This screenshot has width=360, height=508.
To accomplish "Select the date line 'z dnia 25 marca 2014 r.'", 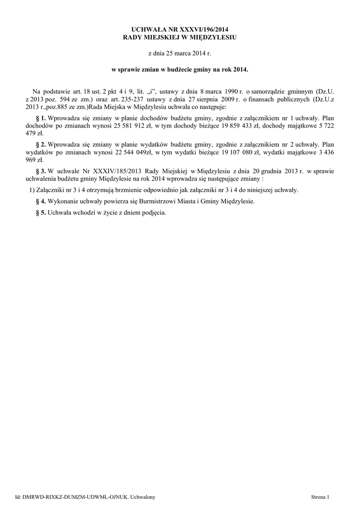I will click(180, 52).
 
